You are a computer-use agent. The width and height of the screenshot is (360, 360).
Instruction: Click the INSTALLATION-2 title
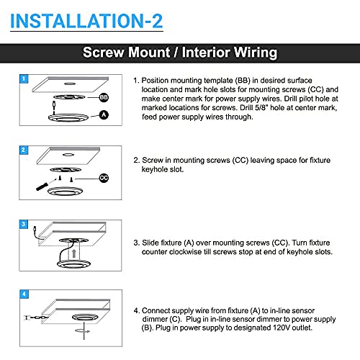86,21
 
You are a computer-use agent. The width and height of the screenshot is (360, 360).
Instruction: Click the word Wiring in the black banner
256,53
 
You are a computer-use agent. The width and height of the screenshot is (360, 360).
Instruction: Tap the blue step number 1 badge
24,78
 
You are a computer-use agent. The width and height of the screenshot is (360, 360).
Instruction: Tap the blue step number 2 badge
24,150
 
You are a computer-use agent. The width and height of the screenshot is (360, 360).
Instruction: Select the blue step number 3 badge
24,224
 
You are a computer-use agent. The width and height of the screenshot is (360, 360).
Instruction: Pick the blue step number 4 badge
24,294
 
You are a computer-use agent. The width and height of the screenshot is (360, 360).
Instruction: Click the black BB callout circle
104,97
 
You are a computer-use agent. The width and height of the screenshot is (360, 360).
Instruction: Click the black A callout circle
104,115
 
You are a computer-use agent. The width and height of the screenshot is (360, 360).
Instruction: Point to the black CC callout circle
104,178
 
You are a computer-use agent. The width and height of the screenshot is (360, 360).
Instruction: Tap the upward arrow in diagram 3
74,253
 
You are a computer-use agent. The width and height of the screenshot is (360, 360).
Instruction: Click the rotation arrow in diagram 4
83,331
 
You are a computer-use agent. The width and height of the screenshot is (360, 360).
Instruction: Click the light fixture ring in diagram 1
68,118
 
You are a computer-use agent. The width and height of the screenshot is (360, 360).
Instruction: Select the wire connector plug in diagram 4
36,318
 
